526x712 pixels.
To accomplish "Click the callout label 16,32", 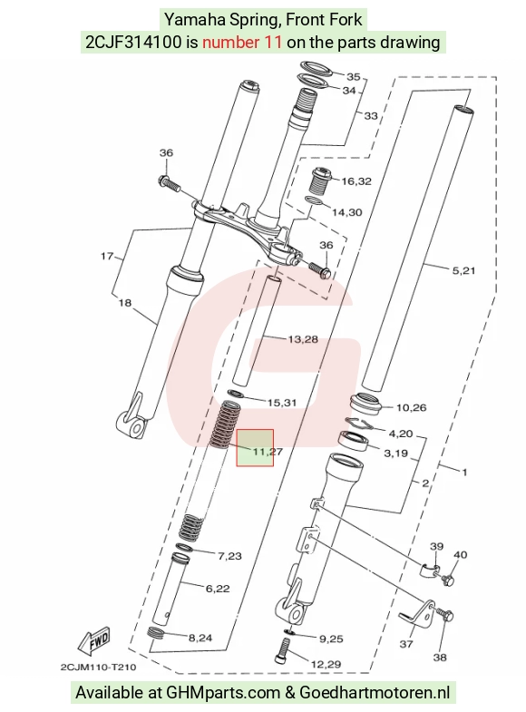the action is pos(356,181).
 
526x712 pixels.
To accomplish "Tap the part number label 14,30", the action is pos(346,212).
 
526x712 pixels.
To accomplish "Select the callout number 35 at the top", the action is pos(353,77).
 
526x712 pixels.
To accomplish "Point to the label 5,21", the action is pos(463,270).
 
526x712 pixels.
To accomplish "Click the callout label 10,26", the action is pos(411,408).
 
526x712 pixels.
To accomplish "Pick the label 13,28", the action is pos(303,339).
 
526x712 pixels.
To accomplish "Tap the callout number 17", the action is pos(107,257).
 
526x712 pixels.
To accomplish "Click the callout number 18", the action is pos(125,302).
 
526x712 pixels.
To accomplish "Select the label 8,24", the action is pos(200,638).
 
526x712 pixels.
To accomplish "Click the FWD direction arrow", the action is pos(94,641).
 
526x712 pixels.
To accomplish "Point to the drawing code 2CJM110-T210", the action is pos(98,667).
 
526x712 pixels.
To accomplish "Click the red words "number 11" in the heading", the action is pos(242,43).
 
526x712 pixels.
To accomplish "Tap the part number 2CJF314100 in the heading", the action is pos(134,43).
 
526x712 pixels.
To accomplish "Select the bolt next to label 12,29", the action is pos(282,649).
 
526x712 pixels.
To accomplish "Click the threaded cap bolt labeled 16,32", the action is pos(320,180).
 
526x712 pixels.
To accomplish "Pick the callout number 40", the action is pos(460,554).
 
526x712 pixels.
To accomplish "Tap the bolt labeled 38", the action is pos(445,616).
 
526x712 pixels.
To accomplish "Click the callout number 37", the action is pos(406,644).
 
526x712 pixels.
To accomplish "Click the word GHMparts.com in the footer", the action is pos(223,693).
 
